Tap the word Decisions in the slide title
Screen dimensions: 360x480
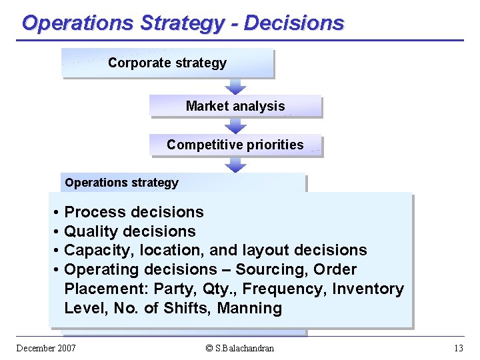coord(294,23)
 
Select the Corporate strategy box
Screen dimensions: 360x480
coord(167,63)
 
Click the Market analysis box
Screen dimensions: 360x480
coord(235,106)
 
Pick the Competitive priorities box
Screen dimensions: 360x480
coord(235,145)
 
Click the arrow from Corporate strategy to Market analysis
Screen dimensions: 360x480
coord(235,86)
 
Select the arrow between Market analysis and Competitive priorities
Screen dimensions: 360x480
coord(235,125)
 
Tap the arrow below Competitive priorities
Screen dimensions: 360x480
coord(235,165)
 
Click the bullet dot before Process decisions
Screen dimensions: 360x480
coord(57,213)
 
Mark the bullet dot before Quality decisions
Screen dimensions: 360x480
coord(57,232)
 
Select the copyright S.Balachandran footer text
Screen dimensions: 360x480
coord(239,348)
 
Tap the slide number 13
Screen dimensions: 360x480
coord(458,348)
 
